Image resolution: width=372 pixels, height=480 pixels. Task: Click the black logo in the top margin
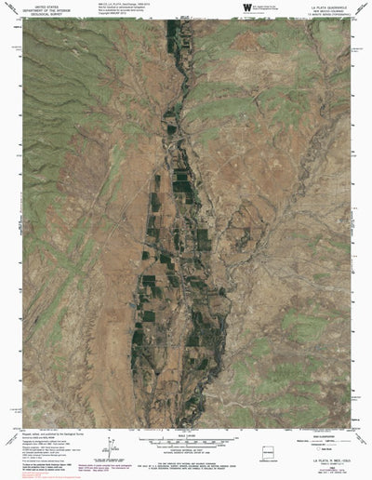[246, 7]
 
